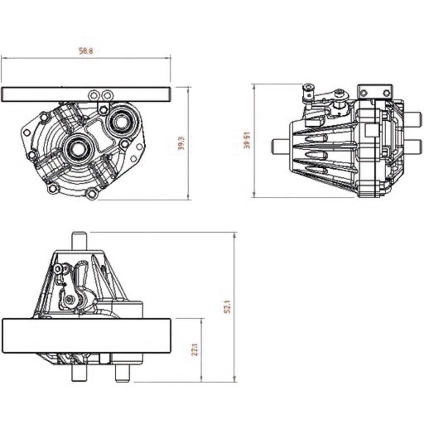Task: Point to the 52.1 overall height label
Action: (x=228, y=306)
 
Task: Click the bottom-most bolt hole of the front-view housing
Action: (x=91, y=195)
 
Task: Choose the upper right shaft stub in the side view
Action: (x=413, y=117)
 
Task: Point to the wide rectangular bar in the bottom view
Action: (x=86, y=335)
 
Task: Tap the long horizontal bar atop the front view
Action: (x=86, y=94)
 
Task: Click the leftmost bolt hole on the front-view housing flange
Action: (x=26, y=133)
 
